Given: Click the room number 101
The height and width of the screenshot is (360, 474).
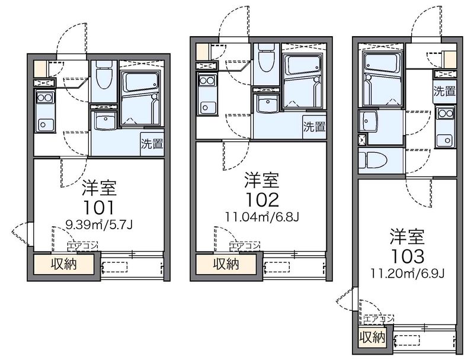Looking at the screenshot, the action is [x=99, y=207].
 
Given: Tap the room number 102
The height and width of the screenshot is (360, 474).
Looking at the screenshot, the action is [x=262, y=200].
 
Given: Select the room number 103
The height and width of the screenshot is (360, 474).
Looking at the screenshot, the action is [x=408, y=257].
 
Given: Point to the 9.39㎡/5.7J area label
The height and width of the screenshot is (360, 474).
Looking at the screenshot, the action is [x=100, y=224].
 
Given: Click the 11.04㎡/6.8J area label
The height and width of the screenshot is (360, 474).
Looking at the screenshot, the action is [x=262, y=217].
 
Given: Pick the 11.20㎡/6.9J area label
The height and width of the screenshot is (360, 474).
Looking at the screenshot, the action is [x=408, y=274].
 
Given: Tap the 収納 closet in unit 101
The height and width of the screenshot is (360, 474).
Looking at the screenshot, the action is [x=63, y=265].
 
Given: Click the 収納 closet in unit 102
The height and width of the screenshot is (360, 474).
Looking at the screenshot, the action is [x=226, y=265].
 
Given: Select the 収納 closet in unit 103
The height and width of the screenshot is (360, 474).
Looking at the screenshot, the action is [x=372, y=337].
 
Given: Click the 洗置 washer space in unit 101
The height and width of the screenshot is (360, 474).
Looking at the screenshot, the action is [x=152, y=144].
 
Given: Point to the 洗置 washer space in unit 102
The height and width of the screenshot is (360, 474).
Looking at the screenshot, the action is [x=315, y=127].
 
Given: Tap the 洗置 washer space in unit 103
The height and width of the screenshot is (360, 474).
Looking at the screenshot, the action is [x=444, y=91].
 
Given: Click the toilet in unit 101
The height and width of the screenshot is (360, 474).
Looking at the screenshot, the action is [x=104, y=76].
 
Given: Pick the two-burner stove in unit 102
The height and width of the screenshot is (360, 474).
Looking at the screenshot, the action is [x=207, y=81].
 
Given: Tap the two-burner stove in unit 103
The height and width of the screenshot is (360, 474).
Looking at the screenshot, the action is [x=445, y=114].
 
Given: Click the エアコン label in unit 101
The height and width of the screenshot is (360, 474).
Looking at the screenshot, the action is [x=82, y=246].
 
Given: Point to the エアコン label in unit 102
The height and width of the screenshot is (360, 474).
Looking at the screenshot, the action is [x=245, y=246].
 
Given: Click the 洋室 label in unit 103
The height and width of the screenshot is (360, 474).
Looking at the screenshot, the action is [x=407, y=236].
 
